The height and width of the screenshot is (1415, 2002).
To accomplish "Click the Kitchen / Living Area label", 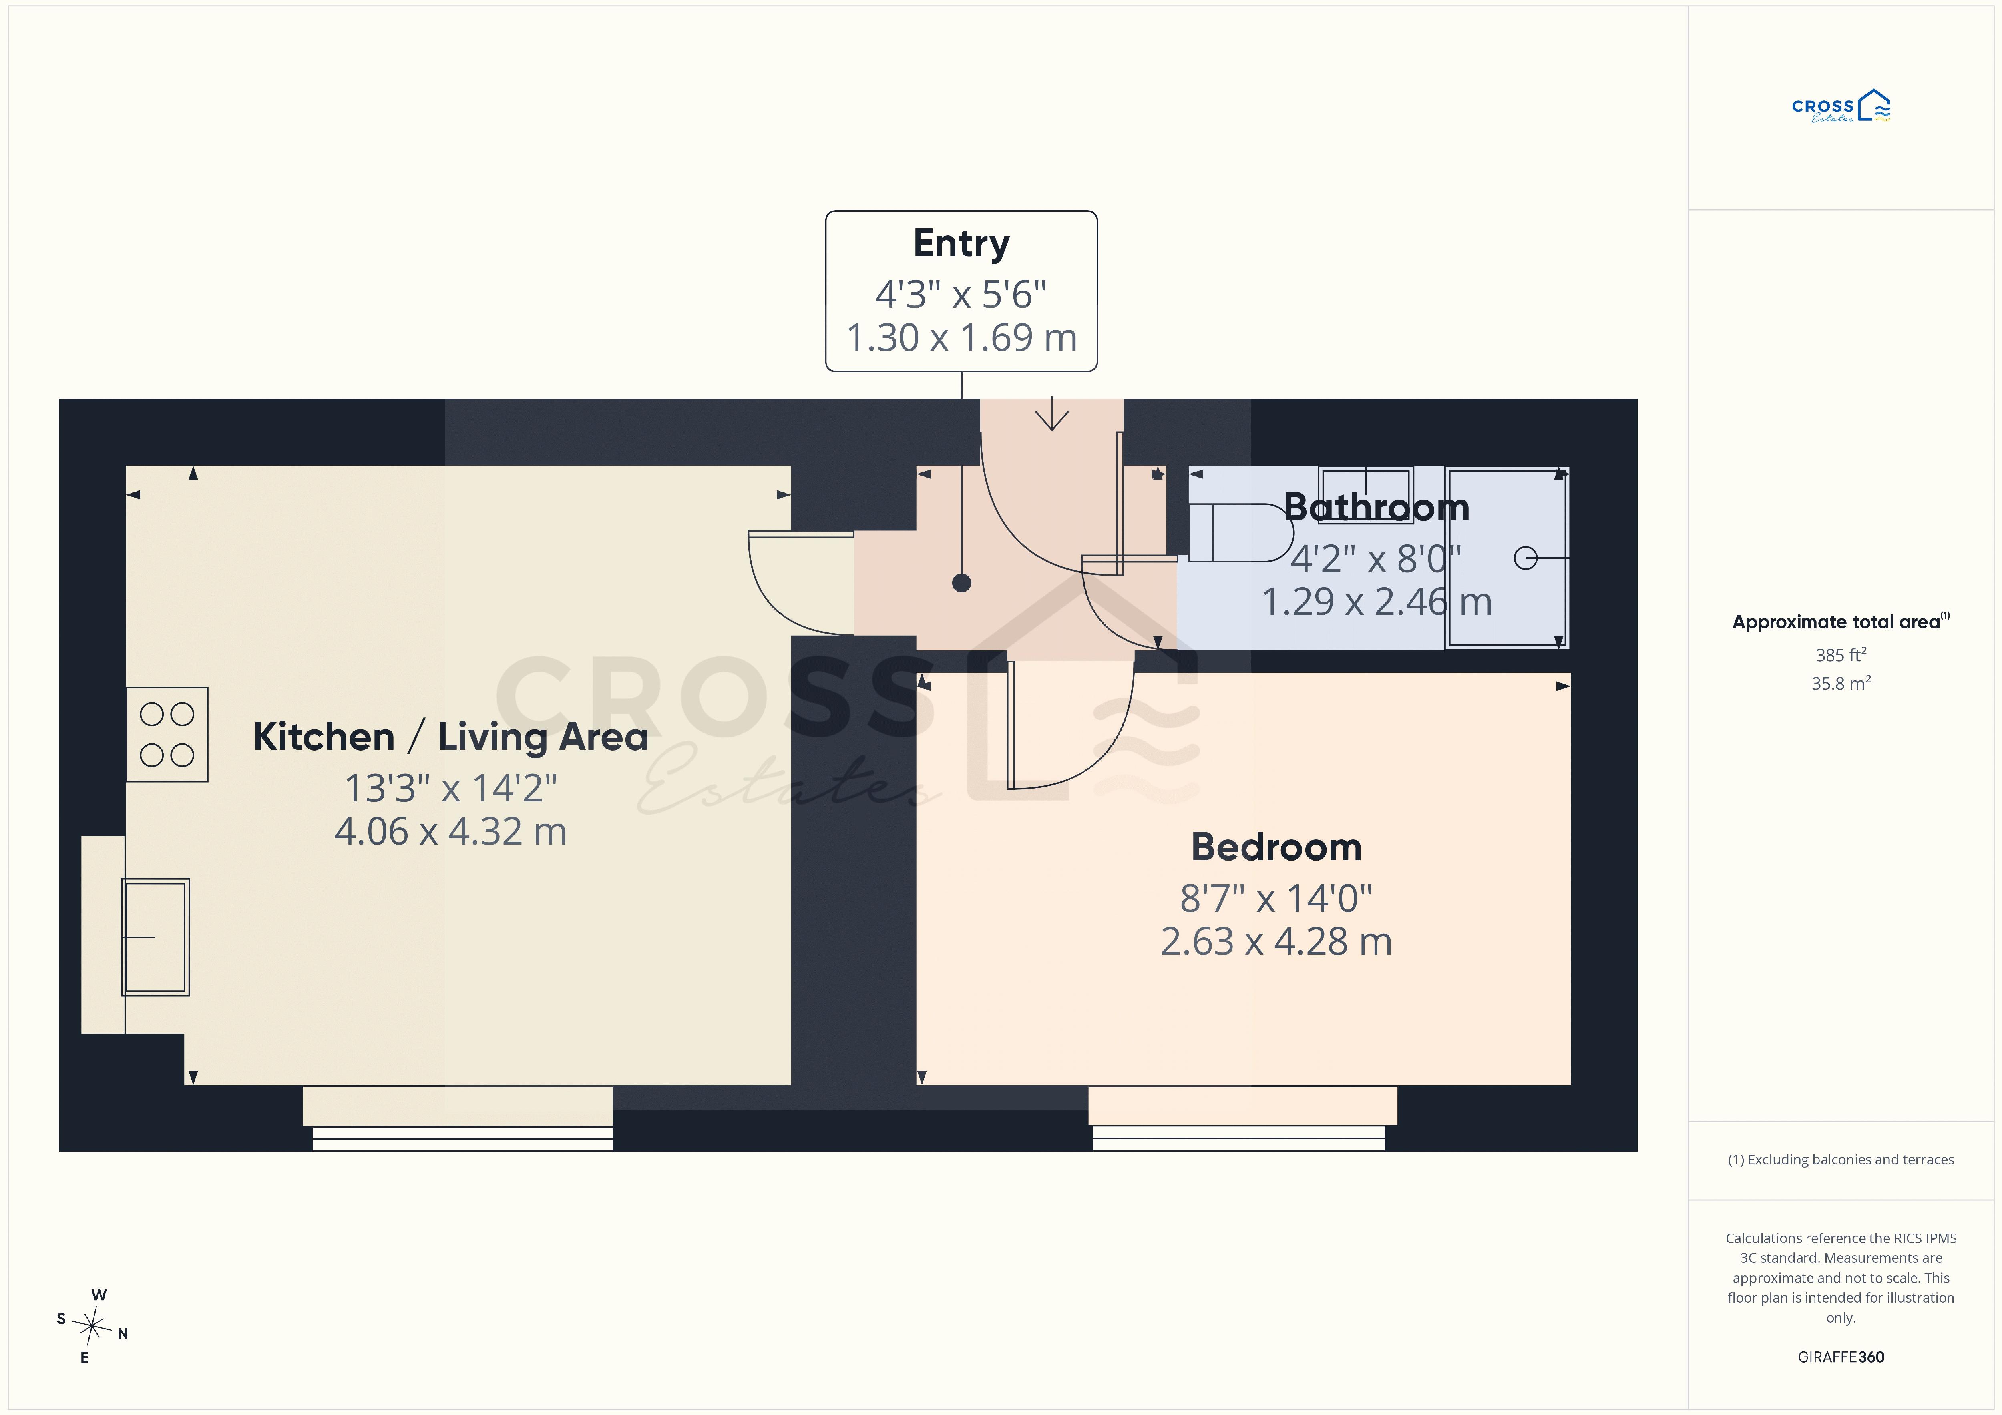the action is coord(451,737).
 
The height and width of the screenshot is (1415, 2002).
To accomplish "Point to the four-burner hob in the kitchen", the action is coord(167,734).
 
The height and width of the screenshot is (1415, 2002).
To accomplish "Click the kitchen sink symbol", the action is coord(155,937).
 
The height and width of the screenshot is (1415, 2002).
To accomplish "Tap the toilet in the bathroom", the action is coord(1240,533).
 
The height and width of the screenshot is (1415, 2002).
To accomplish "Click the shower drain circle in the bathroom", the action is coord(1525,558).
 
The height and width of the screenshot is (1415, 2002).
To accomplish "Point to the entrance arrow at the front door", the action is coord(1052,413).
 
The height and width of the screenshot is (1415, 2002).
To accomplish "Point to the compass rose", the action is coord(92,1326).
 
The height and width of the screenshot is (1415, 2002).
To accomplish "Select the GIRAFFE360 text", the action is coord(1841,1357).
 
